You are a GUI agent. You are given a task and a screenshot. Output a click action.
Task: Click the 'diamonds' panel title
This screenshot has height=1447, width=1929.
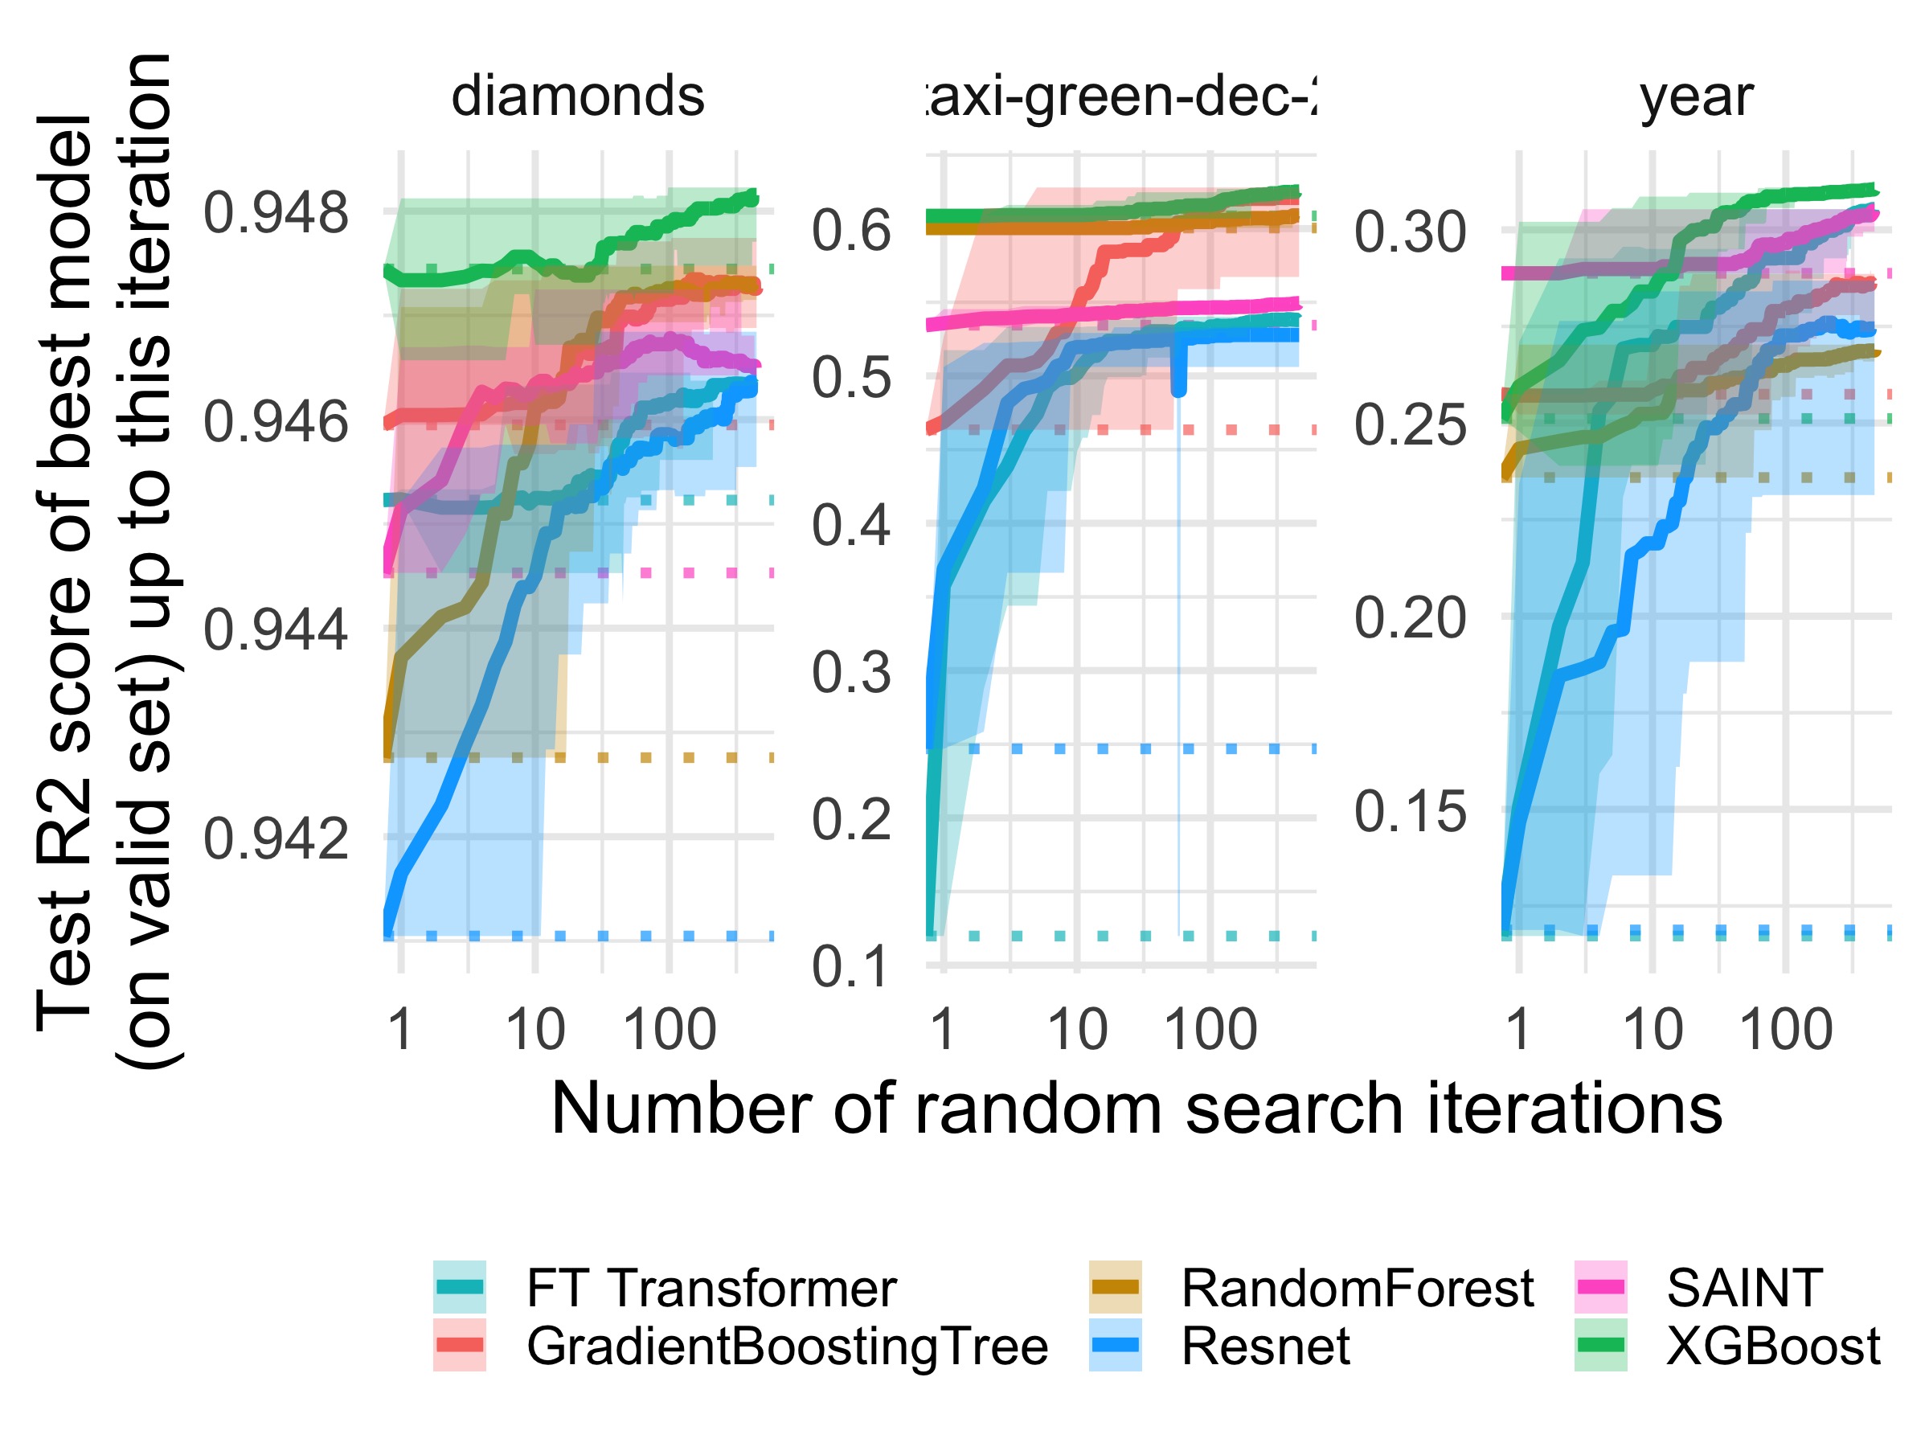[x=577, y=96]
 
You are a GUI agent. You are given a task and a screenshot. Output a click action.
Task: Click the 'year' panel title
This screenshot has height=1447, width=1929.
[x=1696, y=96]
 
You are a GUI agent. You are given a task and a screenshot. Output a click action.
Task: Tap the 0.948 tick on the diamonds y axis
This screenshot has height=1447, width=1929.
[x=276, y=212]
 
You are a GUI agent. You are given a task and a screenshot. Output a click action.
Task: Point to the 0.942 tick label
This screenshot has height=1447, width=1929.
[x=276, y=839]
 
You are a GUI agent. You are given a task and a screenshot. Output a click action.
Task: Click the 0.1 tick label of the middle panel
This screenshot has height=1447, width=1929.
[x=851, y=966]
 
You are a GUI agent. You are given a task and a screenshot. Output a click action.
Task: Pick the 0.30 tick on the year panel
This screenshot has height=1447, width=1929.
[x=1410, y=232]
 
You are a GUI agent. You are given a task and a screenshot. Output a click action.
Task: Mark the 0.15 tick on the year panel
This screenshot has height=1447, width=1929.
[x=1410, y=812]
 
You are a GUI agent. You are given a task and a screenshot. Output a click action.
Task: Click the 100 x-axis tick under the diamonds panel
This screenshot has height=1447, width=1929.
[x=669, y=1029]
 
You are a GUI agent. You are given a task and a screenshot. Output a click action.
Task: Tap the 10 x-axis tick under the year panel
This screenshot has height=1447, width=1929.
[x=1652, y=1029]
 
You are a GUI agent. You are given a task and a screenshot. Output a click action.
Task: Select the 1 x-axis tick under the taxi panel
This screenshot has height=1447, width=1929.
[x=942, y=1029]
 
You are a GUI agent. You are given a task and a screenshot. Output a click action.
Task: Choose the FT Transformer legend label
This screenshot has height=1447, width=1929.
[x=711, y=1289]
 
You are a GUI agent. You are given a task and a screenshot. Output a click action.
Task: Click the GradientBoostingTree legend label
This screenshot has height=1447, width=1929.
[x=787, y=1346]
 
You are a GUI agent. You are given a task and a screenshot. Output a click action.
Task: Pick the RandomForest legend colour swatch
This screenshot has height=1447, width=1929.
[x=1115, y=1287]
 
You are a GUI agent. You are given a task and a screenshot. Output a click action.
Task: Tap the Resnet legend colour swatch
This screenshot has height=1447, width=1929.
[x=1115, y=1345]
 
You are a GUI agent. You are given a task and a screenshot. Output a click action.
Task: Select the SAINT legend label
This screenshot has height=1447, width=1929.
[x=1744, y=1289]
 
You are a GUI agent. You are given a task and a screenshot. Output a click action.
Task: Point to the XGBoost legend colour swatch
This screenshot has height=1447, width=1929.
[x=1600, y=1345]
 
